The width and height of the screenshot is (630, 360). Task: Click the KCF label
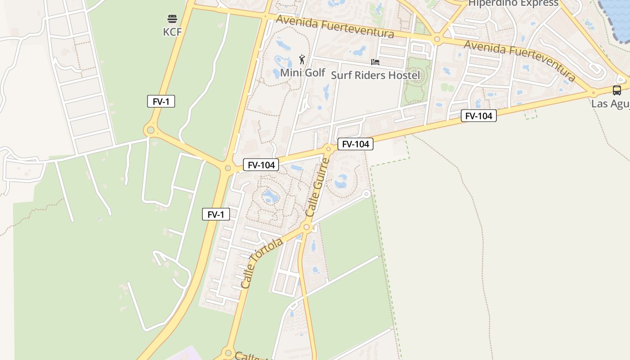[172, 31]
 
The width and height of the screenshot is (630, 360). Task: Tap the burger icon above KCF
[172, 19]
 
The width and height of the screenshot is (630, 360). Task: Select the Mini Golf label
[302, 72]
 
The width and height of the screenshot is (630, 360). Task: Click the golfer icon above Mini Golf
[302, 59]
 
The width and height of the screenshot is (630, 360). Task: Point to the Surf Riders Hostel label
[375, 75]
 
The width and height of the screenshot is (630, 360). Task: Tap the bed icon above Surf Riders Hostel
[375, 62]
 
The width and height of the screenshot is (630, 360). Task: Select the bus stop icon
[616, 90]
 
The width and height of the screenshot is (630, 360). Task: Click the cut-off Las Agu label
[610, 104]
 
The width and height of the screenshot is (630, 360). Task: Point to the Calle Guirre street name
[318, 186]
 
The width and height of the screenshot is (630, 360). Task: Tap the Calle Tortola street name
[261, 263]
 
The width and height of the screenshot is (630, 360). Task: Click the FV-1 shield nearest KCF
[161, 102]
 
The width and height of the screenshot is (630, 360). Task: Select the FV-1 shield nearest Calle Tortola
[216, 215]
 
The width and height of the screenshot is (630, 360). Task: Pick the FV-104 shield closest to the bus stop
[478, 116]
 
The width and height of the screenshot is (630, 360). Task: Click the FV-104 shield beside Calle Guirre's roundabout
[355, 144]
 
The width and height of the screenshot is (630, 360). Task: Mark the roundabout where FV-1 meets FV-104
[228, 168]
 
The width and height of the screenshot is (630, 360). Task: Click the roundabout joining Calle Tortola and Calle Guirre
[307, 227]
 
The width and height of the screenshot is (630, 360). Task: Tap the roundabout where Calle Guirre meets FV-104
[328, 149]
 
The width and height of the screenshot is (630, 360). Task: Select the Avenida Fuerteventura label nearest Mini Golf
[335, 27]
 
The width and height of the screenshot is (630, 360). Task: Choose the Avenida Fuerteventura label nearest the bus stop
[520, 60]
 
